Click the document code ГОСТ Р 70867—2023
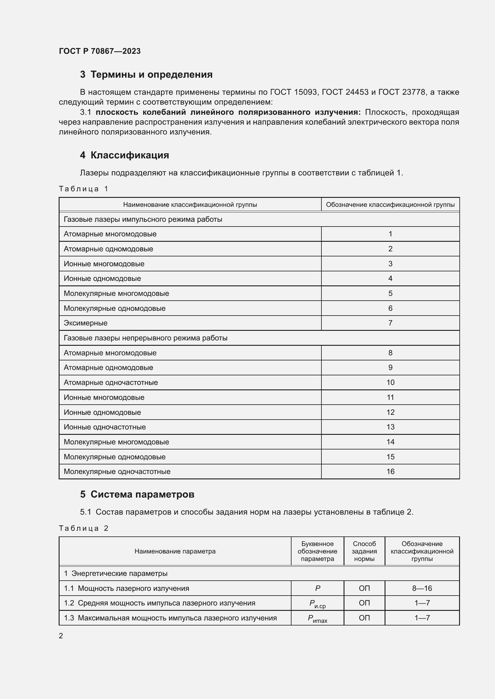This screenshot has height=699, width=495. (x=100, y=51)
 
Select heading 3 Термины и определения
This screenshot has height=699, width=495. (x=146, y=75)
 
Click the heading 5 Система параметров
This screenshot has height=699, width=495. (x=137, y=494)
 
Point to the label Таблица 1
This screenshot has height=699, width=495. (x=83, y=189)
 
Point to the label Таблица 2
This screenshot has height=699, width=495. (x=83, y=528)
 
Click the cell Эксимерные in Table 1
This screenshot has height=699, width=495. (x=86, y=323)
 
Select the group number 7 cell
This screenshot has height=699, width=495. (x=390, y=323)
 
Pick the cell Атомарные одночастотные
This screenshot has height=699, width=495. (x=111, y=383)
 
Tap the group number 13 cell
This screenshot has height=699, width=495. (x=390, y=427)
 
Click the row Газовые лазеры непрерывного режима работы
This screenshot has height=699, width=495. (x=145, y=338)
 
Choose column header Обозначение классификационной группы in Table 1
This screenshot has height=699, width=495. (x=390, y=205)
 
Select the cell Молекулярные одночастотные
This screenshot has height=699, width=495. (x=117, y=472)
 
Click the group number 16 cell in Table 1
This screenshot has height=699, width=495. (x=390, y=472)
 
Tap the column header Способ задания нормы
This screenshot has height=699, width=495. (x=364, y=551)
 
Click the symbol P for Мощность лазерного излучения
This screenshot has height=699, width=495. (x=317, y=588)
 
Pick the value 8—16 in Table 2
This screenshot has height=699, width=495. (x=422, y=588)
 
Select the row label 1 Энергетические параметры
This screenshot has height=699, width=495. (x=116, y=573)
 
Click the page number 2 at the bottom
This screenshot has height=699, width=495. (x=61, y=636)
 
